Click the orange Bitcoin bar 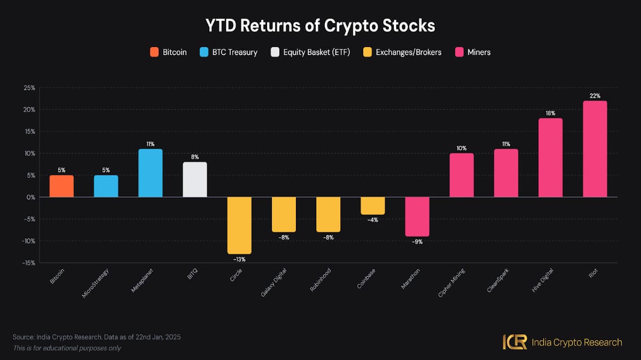[x=61, y=186]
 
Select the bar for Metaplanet [x=150, y=173]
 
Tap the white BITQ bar [x=195, y=179]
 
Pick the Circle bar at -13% [x=239, y=225]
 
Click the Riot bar [x=595, y=149]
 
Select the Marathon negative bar [x=417, y=216]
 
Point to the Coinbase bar [x=372, y=206]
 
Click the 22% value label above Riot [x=595, y=96]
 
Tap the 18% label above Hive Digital [x=550, y=113]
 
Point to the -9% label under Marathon [x=417, y=242]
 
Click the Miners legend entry [x=473, y=52]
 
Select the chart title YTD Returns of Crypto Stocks [x=320, y=25]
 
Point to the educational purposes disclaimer [x=67, y=348]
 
